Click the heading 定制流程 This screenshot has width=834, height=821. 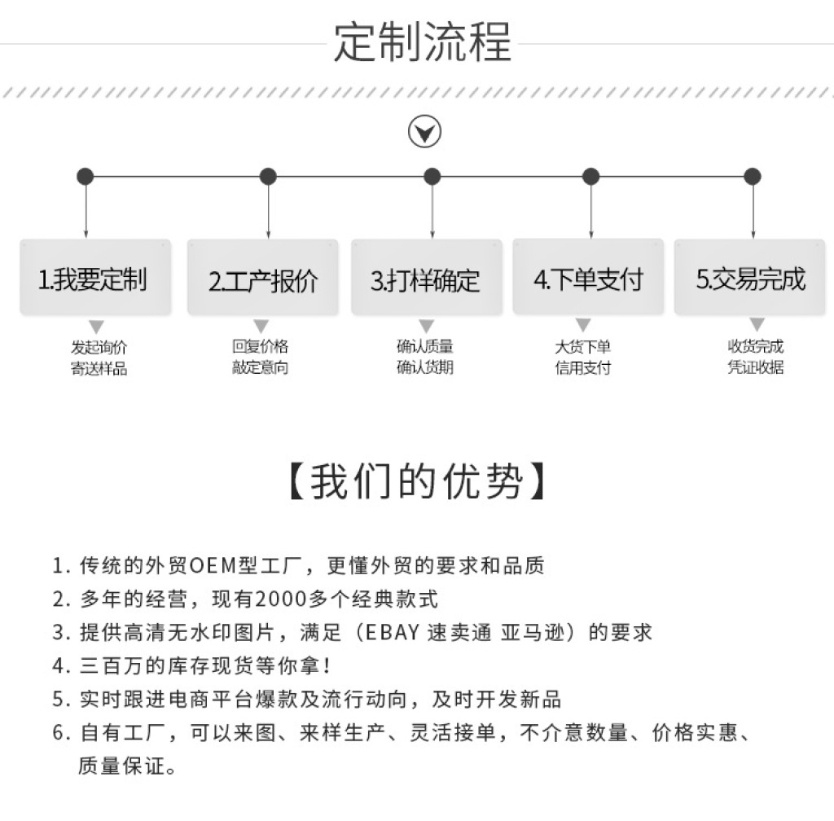(423, 42)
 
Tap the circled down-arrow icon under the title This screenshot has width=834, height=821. (424, 132)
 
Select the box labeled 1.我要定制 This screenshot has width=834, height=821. (95, 278)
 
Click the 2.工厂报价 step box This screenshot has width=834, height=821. (263, 278)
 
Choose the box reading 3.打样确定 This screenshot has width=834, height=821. (427, 278)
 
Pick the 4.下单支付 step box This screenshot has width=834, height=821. (588, 278)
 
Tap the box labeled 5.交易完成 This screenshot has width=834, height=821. (750, 278)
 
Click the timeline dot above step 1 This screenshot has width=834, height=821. (85, 177)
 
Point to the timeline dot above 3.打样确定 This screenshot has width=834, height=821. (432, 177)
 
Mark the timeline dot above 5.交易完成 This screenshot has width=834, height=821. (752, 177)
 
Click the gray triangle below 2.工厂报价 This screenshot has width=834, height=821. (261, 326)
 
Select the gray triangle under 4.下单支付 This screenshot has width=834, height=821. (583, 325)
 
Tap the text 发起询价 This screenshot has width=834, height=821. (99, 347)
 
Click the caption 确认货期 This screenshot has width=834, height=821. (425, 367)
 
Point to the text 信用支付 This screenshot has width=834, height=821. (583, 367)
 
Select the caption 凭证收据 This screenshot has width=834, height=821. (756, 367)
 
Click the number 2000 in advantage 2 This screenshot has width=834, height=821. (282, 599)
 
